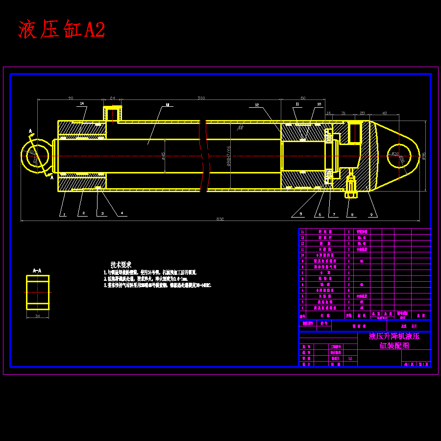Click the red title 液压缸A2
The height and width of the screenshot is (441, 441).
62,30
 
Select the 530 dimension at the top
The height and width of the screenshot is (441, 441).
201,98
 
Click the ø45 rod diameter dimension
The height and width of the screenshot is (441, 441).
163,156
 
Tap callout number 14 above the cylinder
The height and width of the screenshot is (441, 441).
82,103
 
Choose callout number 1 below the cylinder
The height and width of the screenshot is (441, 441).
63,214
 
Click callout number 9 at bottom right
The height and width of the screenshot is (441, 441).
371,215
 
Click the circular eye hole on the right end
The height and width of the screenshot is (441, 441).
399,156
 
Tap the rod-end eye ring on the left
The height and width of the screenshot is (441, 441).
37,156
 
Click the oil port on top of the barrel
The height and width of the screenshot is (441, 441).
112,114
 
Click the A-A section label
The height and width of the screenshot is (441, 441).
37,270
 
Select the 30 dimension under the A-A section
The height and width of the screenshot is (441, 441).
38,316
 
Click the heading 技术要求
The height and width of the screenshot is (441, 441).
121,264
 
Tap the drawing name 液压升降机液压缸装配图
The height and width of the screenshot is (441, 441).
394,341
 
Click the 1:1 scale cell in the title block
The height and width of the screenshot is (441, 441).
349,358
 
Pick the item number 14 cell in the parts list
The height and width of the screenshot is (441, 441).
302,232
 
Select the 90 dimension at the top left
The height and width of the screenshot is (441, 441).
71,98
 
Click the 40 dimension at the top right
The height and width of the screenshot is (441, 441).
384,113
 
